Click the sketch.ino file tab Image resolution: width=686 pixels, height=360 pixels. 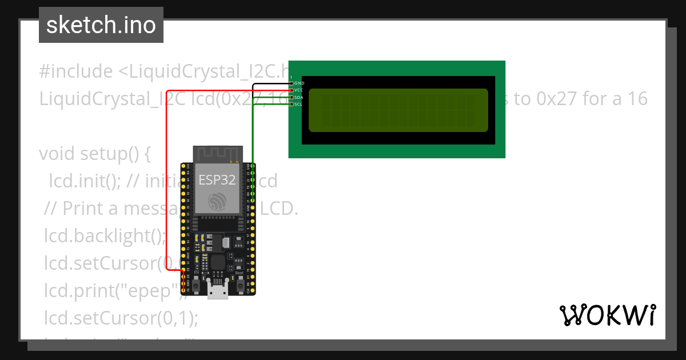pyautogui.click(x=101, y=25)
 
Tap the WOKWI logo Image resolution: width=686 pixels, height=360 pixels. pyautogui.click(x=607, y=315)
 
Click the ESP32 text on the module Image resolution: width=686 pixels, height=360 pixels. pyautogui.click(x=217, y=180)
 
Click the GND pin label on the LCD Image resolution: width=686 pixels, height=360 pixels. pyautogui.click(x=299, y=83)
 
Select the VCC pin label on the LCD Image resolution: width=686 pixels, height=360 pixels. pyautogui.click(x=299, y=90)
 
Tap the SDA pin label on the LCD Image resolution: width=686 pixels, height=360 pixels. pyautogui.click(x=299, y=97)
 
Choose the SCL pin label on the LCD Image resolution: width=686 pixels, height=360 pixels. pyautogui.click(x=299, y=104)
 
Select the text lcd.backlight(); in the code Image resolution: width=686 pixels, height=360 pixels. pyautogui.click(x=105, y=236)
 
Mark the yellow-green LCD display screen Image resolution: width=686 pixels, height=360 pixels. pyautogui.click(x=398, y=110)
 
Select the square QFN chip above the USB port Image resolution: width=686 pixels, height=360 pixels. pyautogui.click(x=218, y=263)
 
